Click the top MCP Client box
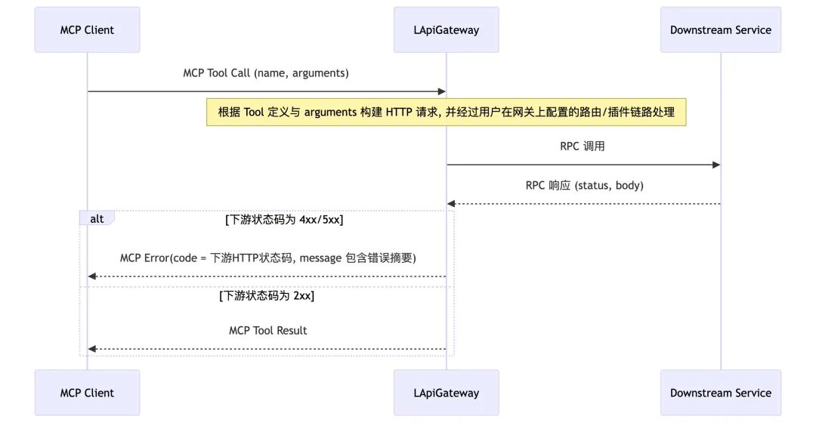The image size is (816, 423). (87, 30)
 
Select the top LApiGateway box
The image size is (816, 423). (446, 30)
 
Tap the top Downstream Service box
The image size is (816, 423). (720, 30)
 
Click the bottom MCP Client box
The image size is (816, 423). (87, 393)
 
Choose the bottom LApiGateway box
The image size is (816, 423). (446, 393)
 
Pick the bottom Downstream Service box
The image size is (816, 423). (720, 393)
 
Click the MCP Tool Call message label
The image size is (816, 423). (266, 73)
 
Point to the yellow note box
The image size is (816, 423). (446, 113)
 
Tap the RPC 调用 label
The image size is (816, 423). (583, 147)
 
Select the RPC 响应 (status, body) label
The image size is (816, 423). (584, 185)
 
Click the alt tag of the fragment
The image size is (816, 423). (97, 218)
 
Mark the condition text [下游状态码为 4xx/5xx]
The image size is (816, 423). (285, 220)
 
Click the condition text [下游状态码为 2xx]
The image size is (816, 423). (267, 295)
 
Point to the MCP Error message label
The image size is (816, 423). (267, 258)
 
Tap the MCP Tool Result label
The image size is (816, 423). (267, 330)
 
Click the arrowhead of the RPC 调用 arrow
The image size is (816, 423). (716, 165)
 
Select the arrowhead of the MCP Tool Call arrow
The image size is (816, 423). (442, 91)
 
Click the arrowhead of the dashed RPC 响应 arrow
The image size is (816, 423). (451, 204)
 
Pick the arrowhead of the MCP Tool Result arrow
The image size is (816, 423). (91, 349)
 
